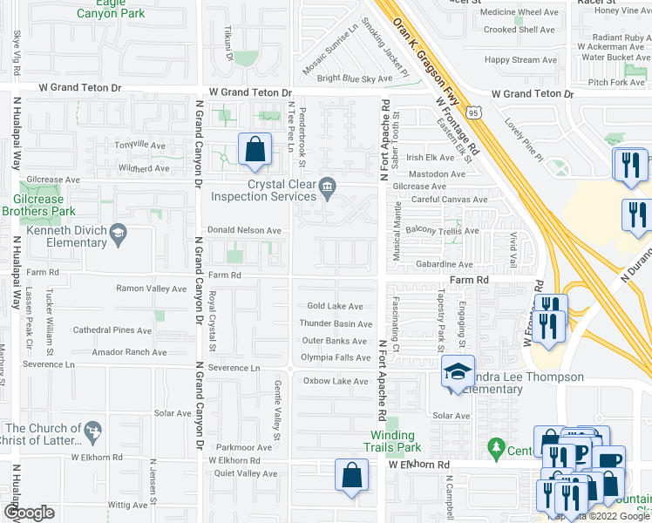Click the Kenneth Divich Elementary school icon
118,234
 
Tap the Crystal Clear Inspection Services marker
328,185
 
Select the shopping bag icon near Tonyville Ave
255,150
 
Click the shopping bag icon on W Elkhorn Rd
351,476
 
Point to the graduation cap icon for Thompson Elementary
458,371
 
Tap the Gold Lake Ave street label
335,306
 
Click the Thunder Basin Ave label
335,323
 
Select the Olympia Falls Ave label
336,357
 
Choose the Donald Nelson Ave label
243,230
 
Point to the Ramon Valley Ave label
152,288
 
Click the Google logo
29,513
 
